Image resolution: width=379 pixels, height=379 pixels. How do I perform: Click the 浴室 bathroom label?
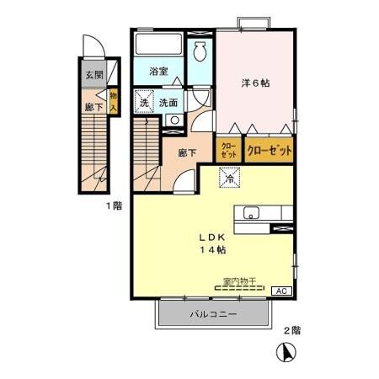tap(158, 72)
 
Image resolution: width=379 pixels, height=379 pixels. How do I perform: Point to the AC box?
tap(284, 291)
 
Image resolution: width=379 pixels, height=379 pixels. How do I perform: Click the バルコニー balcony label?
tap(211, 315)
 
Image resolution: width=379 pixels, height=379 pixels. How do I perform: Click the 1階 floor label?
tap(113, 206)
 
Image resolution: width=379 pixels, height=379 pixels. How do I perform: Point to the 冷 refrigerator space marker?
tap(228, 179)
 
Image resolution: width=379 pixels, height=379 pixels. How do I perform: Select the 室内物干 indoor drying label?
tap(238, 280)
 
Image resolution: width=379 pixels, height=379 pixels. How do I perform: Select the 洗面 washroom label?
tap(168, 102)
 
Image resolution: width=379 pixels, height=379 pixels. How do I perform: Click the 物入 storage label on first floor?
tap(113, 102)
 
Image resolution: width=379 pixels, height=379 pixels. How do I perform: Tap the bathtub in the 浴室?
tap(159, 46)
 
